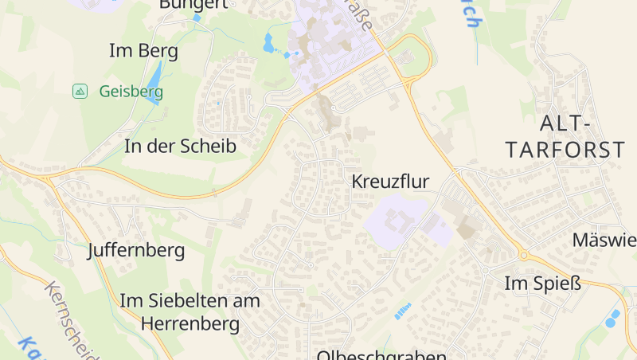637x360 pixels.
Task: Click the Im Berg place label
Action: click(143, 52)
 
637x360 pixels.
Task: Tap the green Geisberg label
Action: click(131, 92)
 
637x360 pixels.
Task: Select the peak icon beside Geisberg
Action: click(80, 91)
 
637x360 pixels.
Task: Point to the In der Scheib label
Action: click(180, 147)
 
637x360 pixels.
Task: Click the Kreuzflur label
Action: click(390, 182)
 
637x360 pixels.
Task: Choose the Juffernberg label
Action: click(136, 251)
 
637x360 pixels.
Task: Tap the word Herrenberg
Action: click(190, 324)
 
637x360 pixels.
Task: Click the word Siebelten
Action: click(186, 301)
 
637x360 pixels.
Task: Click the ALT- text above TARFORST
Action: click(566, 123)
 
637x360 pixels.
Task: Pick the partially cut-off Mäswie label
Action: click(604, 240)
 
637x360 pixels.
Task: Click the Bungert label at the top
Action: click(193, 4)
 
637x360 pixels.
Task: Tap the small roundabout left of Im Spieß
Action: click(523, 255)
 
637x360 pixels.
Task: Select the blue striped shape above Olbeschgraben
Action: click(403, 311)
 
